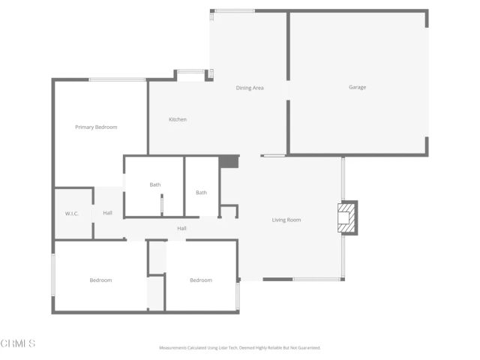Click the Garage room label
coord(357,88)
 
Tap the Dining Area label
coord(250,88)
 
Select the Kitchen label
coord(178,120)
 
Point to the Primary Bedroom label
coord(96,127)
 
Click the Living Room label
coord(286,220)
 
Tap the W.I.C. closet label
coord(73,214)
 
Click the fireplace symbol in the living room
coord(348,217)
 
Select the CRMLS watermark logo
coord(18,343)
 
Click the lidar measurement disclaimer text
coord(239,348)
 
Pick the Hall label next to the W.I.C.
coord(108,214)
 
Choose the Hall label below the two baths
coord(181,229)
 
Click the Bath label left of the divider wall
coord(155,184)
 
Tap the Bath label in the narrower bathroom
coord(201,193)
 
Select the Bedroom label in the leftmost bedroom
coord(100,280)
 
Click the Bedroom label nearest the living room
coord(200,280)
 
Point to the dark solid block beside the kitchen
coord(228,162)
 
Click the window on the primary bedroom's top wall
coord(118,79)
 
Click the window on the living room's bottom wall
coord(318,280)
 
